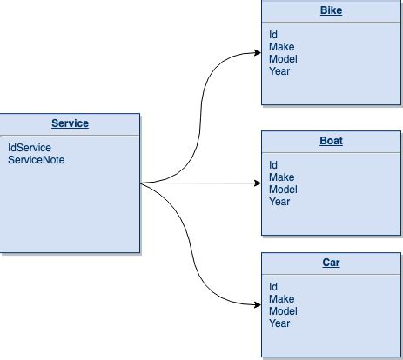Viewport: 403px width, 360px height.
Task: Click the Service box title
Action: (x=70, y=123)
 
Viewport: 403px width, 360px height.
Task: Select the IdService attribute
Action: (x=30, y=148)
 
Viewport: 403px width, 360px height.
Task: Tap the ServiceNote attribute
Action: (x=37, y=160)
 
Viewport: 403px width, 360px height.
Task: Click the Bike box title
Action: (x=331, y=11)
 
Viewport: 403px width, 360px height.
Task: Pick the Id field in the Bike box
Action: (x=273, y=35)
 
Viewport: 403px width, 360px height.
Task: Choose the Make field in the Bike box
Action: (x=281, y=47)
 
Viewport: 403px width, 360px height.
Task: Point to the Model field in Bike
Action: (x=283, y=59)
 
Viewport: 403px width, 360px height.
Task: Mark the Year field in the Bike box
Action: (x=279, y=71)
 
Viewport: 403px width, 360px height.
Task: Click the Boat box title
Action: (x=331, y=141)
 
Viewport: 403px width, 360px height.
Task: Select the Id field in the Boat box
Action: (x=273, y=165)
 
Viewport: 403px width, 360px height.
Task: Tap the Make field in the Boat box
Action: (x=281, y=177)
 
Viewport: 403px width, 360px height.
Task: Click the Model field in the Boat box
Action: (x=283, y=190)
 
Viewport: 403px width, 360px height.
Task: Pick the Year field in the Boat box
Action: (x=279, y=202)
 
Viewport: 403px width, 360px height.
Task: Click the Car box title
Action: (x=331, y=263)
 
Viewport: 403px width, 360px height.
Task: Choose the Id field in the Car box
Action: (x=273, y=287)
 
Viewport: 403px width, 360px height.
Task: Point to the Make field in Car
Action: (x=281, y=299)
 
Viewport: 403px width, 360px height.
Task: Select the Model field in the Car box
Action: (x=283, y=311)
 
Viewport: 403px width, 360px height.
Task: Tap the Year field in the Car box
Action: (x=279, y=323)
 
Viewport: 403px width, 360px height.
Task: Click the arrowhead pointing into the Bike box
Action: (x=257, y=52)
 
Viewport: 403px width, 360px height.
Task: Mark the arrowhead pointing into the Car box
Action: (x=257, y=305)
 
